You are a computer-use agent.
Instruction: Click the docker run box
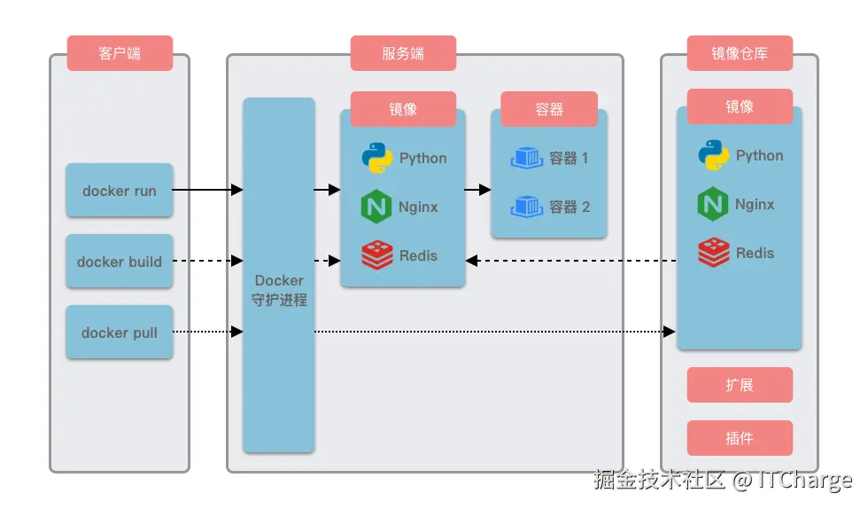120,191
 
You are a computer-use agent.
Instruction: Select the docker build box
120,262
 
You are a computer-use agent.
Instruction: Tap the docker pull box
120,333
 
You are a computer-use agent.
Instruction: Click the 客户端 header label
120,53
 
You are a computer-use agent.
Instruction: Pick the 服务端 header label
403,53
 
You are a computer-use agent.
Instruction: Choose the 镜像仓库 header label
740,53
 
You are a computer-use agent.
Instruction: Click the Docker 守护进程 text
279,290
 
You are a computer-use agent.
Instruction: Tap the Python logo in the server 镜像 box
376,158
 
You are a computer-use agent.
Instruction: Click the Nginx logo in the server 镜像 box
376,207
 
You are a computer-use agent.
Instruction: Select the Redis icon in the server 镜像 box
376,255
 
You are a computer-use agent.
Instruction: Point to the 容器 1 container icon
527,158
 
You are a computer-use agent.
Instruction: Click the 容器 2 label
570,207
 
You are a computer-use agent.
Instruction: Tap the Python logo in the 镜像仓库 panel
713,155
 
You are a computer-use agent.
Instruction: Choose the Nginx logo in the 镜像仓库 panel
713,204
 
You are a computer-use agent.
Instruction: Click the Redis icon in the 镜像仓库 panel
713,253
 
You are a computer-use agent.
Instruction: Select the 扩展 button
740,385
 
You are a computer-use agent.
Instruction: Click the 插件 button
740,438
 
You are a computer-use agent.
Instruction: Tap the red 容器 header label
549,109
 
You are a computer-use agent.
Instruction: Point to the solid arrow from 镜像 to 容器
478,190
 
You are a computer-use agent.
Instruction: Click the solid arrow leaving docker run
207,190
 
